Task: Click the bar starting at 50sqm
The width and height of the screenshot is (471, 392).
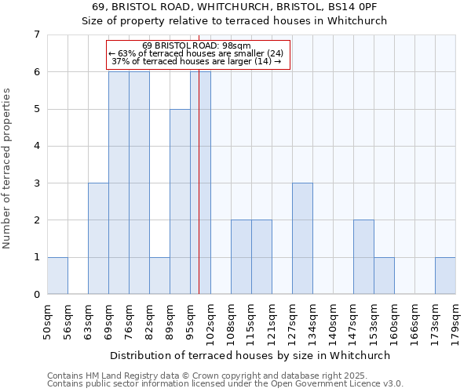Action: click(x=57, y=275)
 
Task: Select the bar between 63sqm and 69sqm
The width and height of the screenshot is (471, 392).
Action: click(x=98, y=238)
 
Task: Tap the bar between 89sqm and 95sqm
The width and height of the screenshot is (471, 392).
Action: click(x=180, y=201)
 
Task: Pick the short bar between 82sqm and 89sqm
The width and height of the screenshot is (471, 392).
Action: click(x=159, y=275)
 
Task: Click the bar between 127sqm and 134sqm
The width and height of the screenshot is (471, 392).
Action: click(x=302, y=238)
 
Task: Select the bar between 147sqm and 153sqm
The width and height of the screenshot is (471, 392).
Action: click(x=363, y=257)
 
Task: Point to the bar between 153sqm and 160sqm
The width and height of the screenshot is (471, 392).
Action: click(x=384, y=275)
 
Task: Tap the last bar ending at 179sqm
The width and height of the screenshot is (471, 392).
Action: click(x=445, y=275)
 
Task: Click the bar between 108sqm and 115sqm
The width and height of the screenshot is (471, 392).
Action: click(x=241, y=257)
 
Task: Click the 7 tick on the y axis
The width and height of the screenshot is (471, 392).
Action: click(x=36, y=34)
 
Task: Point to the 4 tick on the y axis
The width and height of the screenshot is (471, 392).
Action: click(x=36, y=146)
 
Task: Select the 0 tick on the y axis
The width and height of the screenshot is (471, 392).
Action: click(x=36, y=295)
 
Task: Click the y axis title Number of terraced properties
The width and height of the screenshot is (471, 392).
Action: click(x=8, y=169)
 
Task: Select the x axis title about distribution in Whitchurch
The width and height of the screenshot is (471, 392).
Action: click(x=250, y=355)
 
